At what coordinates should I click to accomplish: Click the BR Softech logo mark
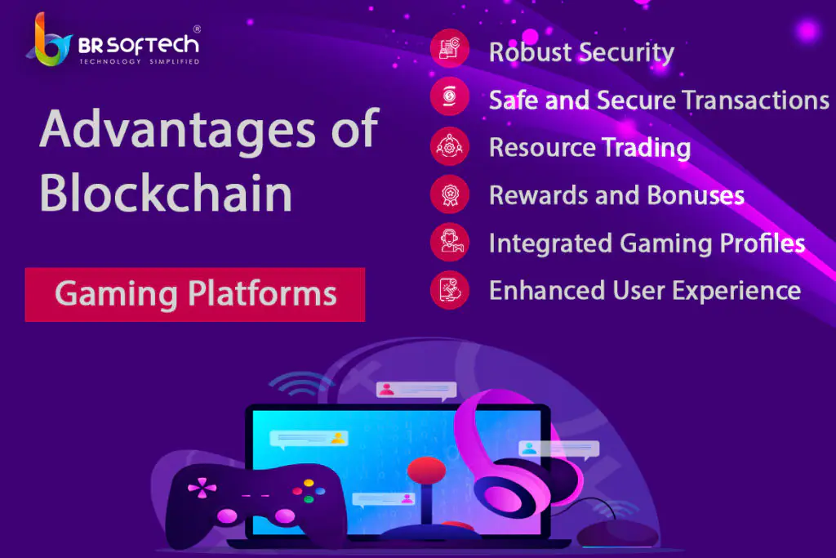point(49,42)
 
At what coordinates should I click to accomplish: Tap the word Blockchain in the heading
point(166,193)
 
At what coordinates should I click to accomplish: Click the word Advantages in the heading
point(177,130)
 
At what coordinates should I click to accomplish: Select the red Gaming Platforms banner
point(195,294)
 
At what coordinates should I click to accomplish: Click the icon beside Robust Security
point(450,48)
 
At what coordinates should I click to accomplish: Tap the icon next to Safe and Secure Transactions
point(450,96)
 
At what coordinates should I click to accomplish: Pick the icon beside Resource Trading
point(450,145)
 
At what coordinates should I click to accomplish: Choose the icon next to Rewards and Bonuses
point(450,194)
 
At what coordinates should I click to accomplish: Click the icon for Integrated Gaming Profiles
point(450,242)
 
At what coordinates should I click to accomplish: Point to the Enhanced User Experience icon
point(450,290)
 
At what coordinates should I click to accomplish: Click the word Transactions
point(755,100)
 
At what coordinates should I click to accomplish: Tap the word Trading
point(647,148)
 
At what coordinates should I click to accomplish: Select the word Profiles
point(763,243)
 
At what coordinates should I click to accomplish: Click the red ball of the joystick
point(426,471)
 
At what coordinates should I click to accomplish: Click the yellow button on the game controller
point(309,484)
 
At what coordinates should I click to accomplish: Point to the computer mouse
point(617,533)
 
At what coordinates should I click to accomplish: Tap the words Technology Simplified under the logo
point(140,61)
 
